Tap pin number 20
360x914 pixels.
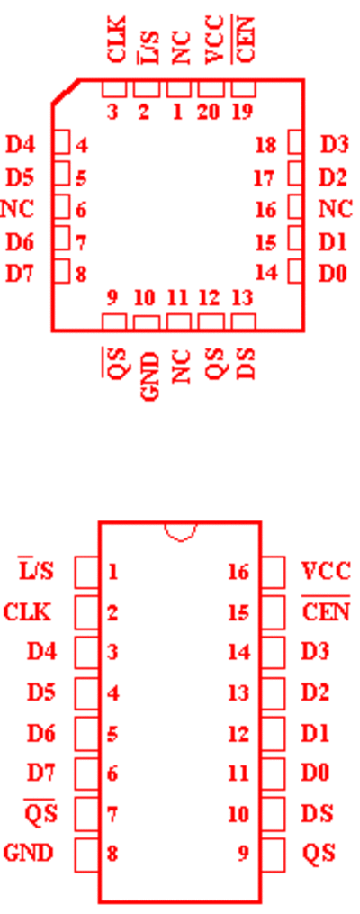coord(208,112)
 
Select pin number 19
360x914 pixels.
coord(243,112)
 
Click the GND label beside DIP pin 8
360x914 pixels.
coord(28,853)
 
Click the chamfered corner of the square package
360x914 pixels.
coord(65,92)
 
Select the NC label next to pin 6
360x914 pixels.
coord(17,209)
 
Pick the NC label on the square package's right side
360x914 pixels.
coord(336,209)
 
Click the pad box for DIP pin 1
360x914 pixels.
coord(86,573)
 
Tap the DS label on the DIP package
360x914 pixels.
coord(317,813)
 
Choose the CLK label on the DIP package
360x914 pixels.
coord(27,612)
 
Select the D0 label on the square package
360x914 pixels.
coord(333,274)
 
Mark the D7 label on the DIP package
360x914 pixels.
coord(41,773)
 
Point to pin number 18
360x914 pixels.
coord(265,145)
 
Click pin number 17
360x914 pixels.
coord(265,177)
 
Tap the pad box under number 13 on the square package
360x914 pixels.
coord(244,322)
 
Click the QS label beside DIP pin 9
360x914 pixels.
coord(319,854)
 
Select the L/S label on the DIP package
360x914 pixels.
coord(36,571)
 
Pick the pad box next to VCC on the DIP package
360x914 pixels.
coord(274,573)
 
